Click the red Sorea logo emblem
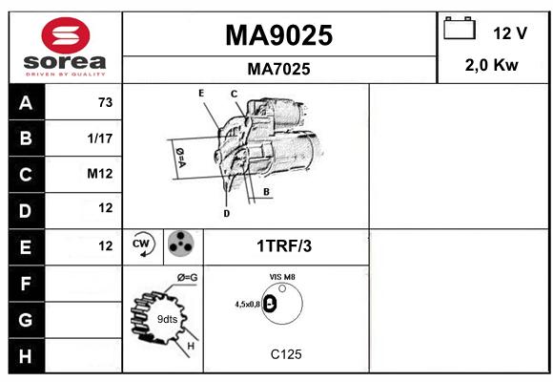point(66,35)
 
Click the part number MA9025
point(279,35)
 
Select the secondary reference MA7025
point(279,69)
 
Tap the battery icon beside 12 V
point(460,28)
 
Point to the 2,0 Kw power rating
point(492,65)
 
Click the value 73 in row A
point(106,102)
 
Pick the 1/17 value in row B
point(100,138)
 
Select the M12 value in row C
point(100,174)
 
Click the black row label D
point(27,211)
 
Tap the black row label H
point(27,356)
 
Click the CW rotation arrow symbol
point(142,244)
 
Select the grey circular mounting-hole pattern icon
point(181,244)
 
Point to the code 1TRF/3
point(284,246)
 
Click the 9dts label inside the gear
point(167,319)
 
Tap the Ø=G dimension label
point(188,278)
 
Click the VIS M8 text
point(282,277)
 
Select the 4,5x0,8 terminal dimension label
point(248,305)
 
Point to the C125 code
point(286,354)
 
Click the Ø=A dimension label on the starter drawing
point(180,158)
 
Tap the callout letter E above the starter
point(201,94)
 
